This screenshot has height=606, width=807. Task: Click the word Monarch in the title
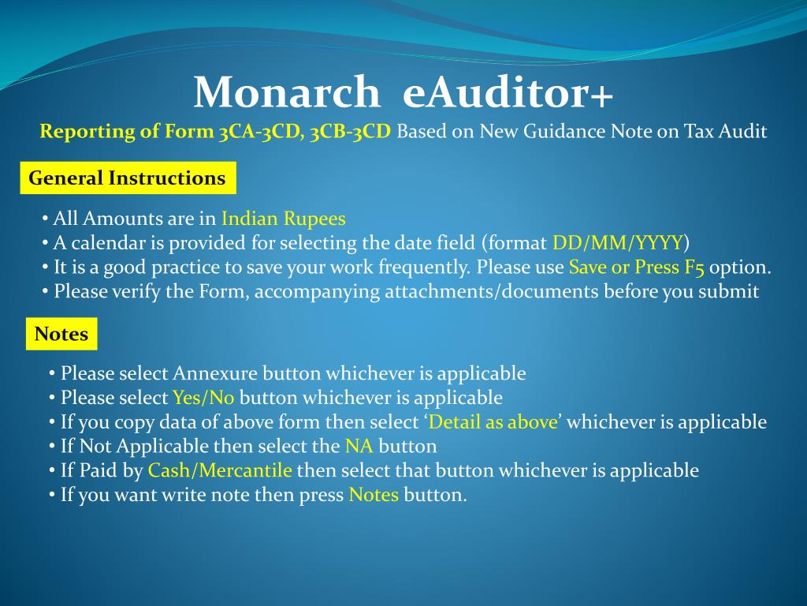click(x=286, y=92)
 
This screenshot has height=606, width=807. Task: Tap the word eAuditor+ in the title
click(x=508, y=92)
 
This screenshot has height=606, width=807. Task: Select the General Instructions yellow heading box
click(x=127, y=178)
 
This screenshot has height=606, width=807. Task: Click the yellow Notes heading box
click(x=61, y=334)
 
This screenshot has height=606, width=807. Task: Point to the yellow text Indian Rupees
click(x=284, y=219)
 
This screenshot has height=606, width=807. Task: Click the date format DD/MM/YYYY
click(x=618, y=242)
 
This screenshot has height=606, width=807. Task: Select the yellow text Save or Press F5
click(x=636, y=267)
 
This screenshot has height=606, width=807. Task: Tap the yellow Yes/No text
click(x=203, y=397)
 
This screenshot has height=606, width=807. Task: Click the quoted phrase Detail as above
click(x=493, y=422)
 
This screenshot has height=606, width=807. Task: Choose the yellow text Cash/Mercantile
click(x=220, y=471)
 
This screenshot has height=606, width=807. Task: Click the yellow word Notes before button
click(x=374, y=496)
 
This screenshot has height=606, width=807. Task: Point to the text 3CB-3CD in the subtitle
click(x=350, y=131)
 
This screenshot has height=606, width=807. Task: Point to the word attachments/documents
click(x=492, y=291)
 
